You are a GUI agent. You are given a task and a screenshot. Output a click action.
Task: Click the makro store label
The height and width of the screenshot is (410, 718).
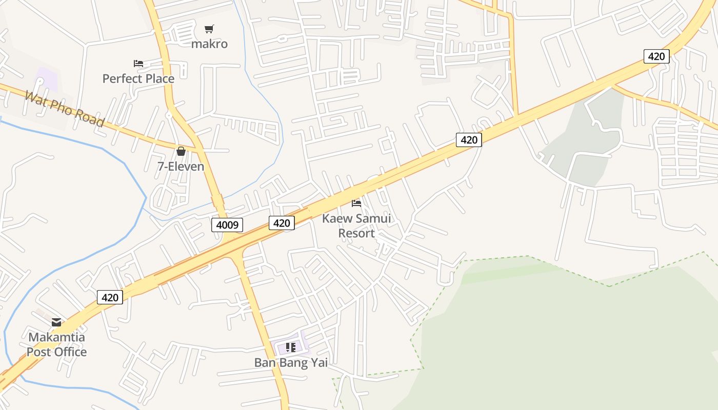pos(209,44)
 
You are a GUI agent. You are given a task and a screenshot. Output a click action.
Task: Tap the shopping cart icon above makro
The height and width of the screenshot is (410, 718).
pos(209,29)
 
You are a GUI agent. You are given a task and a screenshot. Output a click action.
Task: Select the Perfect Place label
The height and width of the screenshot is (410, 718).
pos(138,78)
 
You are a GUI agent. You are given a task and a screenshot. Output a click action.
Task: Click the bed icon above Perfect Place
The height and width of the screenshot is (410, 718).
pos(138,64)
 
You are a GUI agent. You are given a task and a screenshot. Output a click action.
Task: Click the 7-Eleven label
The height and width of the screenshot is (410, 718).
pos(181,167)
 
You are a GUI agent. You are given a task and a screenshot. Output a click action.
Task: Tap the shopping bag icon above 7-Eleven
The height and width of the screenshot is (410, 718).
pos(181,151)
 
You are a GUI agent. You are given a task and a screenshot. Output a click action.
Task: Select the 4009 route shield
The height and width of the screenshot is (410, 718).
pos(227,224)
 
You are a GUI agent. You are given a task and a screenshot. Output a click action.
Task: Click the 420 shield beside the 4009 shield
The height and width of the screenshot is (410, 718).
pos(282,222)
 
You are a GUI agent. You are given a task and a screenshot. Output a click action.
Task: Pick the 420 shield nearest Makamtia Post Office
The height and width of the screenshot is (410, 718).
pos(110,297)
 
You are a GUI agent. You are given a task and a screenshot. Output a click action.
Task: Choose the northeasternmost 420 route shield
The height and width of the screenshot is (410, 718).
pos(656,56)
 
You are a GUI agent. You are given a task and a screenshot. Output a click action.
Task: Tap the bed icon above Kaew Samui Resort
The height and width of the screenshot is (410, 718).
pos(356,203)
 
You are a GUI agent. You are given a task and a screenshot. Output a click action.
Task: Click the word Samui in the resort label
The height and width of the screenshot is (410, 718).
pos(374,218)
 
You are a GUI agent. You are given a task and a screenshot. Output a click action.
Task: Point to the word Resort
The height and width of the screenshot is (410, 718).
pos(356,233)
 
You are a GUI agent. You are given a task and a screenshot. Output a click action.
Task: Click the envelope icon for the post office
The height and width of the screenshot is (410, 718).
pos(56,322)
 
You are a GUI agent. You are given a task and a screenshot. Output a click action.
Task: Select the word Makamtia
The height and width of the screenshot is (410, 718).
pos(56,338)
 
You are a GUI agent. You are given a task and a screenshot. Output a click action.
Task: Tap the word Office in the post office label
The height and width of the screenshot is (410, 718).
pos(70,352)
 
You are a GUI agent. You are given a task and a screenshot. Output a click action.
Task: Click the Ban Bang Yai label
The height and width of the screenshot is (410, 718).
pos(291,363)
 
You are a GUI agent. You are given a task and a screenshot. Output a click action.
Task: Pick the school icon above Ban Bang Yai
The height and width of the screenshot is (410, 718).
pos(291,347)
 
